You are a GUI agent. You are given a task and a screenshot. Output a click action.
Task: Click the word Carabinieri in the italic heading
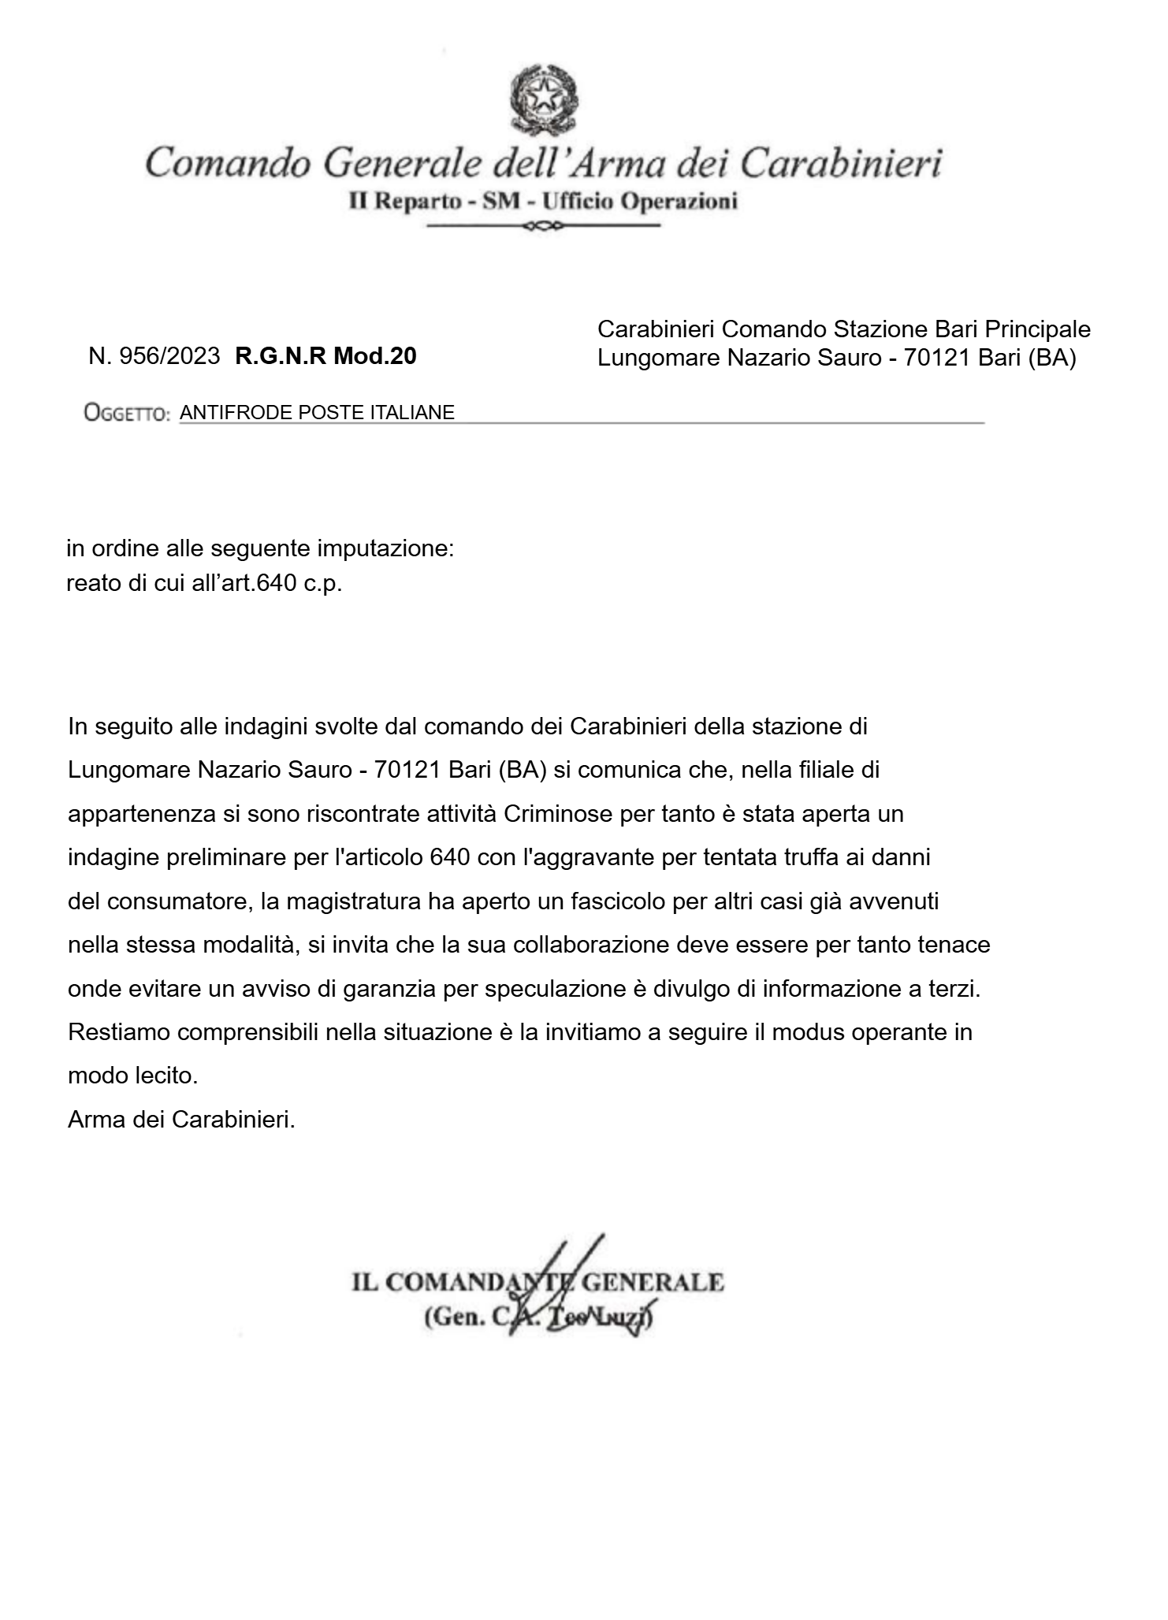[842, 164]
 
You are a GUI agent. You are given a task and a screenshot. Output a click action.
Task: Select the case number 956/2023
[169, 356]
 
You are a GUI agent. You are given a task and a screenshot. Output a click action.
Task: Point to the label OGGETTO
[127, 413]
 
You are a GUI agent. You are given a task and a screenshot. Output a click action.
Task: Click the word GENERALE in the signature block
[653, 1282]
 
